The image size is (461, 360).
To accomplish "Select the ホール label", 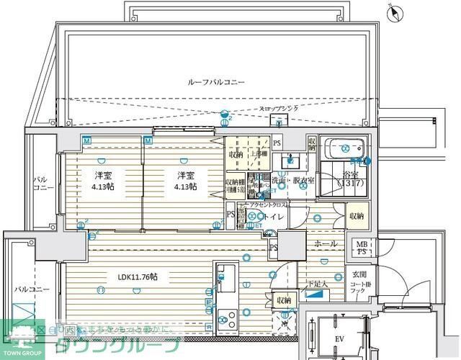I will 326,244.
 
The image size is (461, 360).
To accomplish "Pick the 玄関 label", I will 359,274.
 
